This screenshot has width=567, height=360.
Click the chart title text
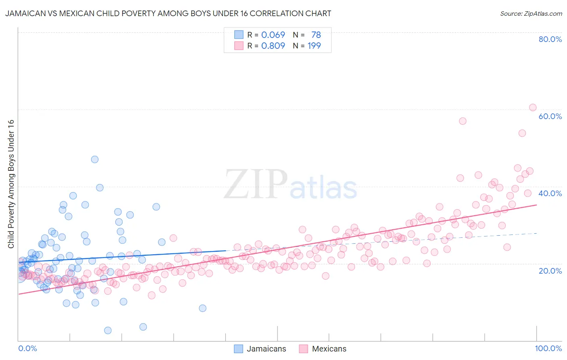[168, 13]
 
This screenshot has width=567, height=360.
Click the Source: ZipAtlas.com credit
[531, 13]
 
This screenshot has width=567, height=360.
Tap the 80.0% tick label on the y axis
[550, 39]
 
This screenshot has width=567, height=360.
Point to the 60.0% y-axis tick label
[550, 116]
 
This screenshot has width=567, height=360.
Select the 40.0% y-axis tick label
[550, 193]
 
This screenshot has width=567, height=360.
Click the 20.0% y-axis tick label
[550, 271]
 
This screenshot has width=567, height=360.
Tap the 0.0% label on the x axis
[27, 348]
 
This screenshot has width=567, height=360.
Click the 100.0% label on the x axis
[548, 348]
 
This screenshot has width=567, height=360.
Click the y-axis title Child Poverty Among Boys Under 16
[11, 184]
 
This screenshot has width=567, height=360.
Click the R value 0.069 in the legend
[273, 35]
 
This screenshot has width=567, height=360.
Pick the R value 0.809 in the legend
[273, 46]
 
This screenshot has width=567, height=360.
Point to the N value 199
[314, 46]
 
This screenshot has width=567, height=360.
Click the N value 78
[316, 35]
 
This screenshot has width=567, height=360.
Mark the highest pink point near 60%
[532, 107]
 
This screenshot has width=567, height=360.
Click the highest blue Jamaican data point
[95, 159]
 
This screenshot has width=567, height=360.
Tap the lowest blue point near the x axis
[108, 331]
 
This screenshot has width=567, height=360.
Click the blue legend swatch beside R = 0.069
[239, 35]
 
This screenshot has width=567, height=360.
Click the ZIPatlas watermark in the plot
[290, 184]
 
